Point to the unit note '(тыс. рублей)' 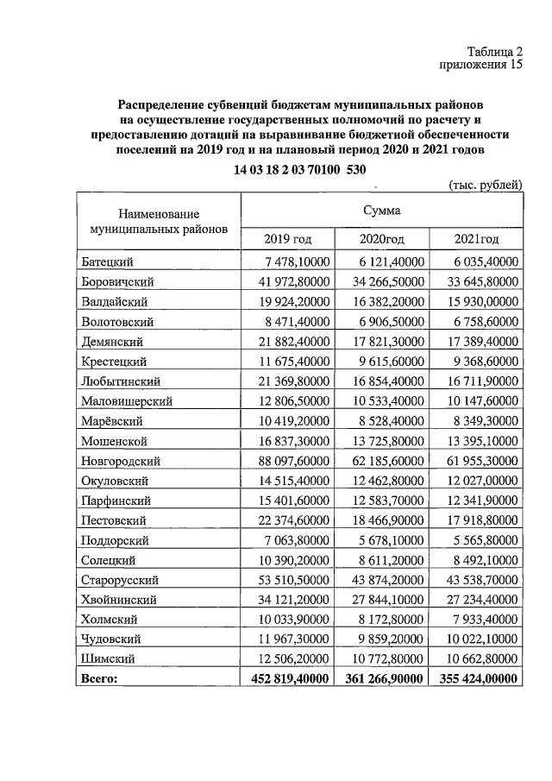[486, 186]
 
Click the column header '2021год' [476, 239]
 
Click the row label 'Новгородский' [121, 461]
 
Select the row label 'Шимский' [106, 659]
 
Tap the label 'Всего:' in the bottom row [98, 679]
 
